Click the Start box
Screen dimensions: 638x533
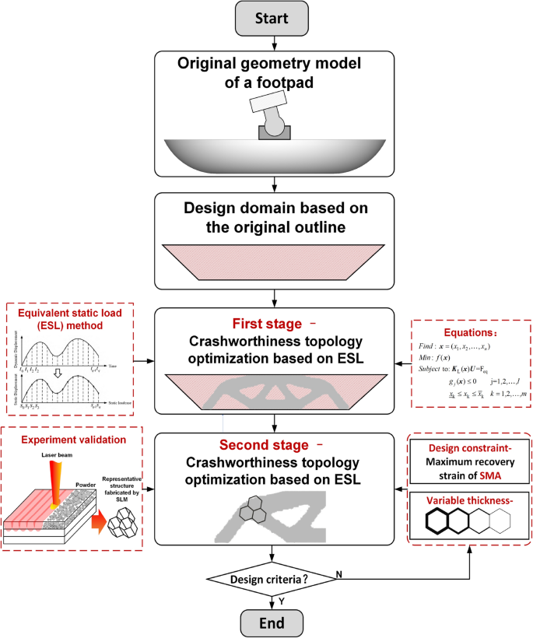click(273, 18)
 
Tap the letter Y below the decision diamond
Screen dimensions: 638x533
click(280, 601)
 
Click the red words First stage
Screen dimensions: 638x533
click(265, 324)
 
